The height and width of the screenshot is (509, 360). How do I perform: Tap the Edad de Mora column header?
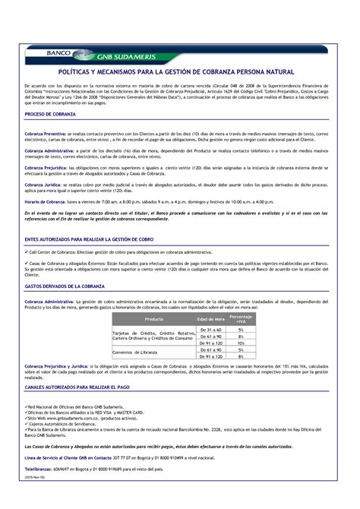[x=210, y=319]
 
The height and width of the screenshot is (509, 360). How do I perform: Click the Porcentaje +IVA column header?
[x=241, y=319]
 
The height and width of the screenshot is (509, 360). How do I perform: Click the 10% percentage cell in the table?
[x=241, y=343]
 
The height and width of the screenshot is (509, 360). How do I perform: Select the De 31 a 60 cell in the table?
[x=210, y=330]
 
